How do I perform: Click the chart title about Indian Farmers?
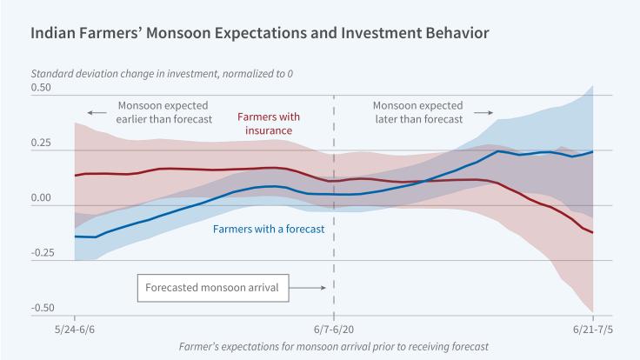click(x=260, y=33)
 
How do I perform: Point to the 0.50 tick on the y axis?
click(x=42, y=88)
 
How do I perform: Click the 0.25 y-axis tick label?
click(x=42, y=143)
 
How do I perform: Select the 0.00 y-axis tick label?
click(x=42, y=198)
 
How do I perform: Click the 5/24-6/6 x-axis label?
click(x=76, y=332)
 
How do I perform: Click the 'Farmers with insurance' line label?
click(x=266, y=123)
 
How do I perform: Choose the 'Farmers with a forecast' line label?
click(x=268, y=230)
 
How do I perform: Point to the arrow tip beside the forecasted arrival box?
click(x=324, y=287)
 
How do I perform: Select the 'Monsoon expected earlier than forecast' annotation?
click(x=163, y=113)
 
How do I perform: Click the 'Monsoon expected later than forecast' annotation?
click(x=417, y=113)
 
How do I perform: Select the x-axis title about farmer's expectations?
click(x=333, y=346)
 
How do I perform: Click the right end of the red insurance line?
click(x=592, y=232)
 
